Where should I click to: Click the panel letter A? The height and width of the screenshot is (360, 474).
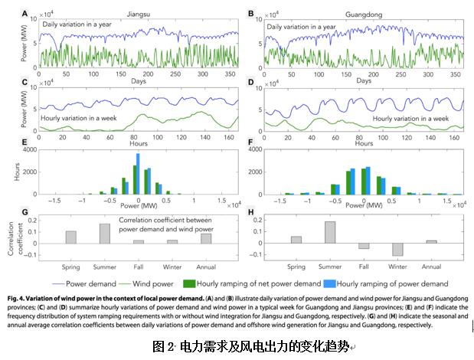pos(25,13)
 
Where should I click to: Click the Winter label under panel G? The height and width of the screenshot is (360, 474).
pos(172,267)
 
